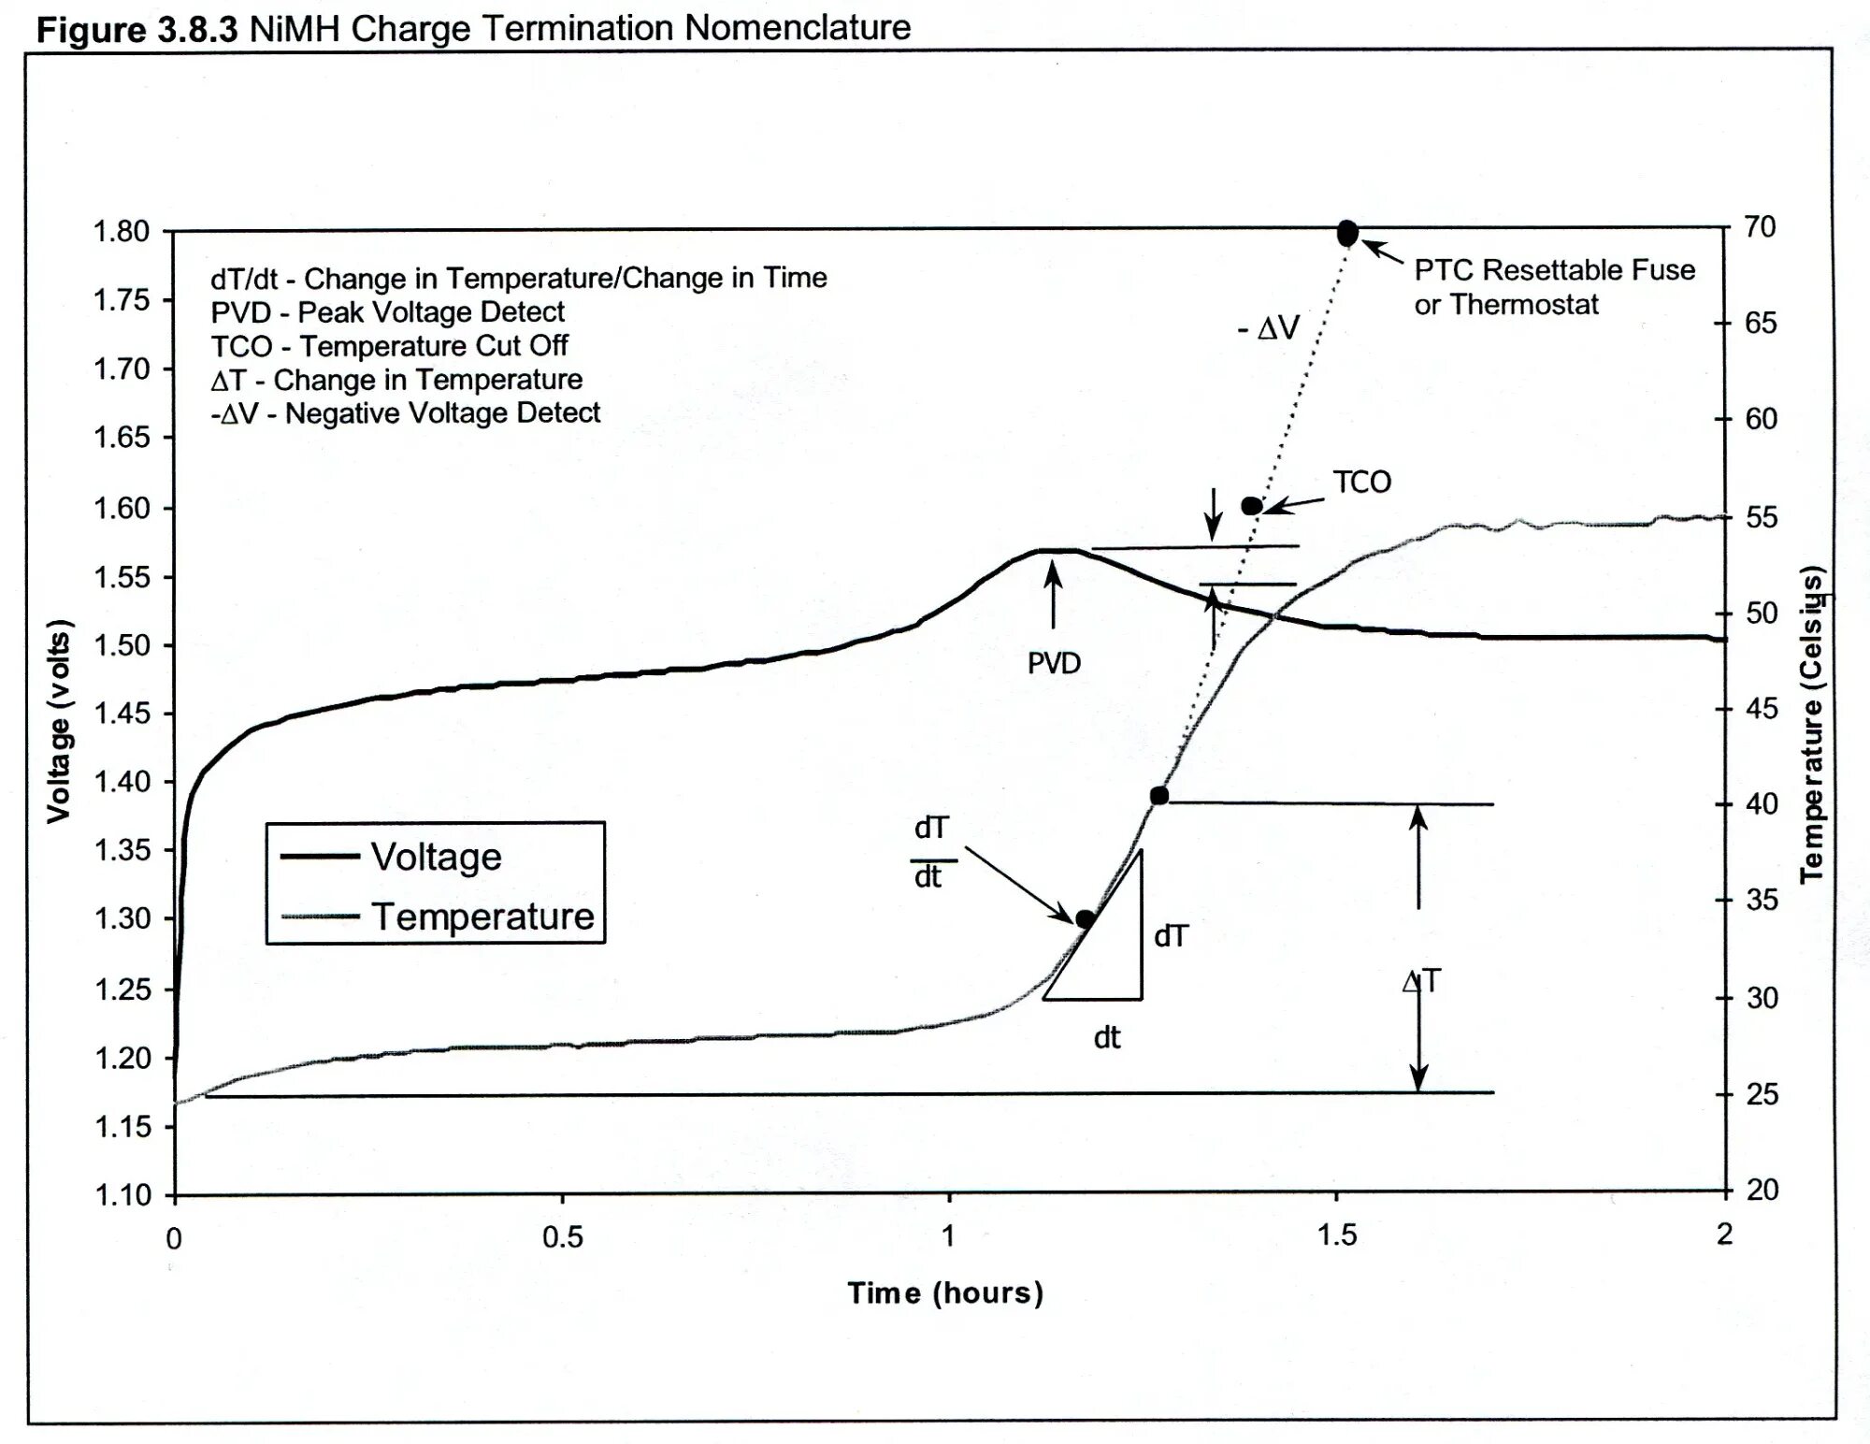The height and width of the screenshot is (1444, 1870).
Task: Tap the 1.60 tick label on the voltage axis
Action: pos(122,509)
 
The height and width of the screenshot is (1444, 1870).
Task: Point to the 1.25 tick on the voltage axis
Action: pos(122,989)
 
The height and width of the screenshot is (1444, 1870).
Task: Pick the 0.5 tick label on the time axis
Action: pos(562,1237)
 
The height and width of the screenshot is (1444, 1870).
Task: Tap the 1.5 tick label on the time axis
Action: pos(1337,1235)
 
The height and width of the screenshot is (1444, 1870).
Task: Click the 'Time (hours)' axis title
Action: pos(945,1293)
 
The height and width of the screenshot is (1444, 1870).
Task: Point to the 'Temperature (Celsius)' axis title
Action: pos(1812,724)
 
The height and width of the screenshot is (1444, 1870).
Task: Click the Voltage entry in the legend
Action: pos(436,857)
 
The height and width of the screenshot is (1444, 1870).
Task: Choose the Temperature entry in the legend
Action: pos(482,917)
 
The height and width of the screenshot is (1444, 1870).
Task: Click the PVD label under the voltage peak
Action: pos(1054,663)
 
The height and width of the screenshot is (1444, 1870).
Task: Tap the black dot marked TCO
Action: pos(1251,506)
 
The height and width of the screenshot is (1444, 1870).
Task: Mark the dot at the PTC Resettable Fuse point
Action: pos(1347,233)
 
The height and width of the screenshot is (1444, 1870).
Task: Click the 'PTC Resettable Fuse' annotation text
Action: pos(1554,270)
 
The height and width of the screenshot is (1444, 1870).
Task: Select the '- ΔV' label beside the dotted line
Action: pos(1269,328)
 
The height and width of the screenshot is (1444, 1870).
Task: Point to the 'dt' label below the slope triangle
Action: pos(1107,1037)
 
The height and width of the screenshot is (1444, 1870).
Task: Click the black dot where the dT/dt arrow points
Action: pos(1085,919)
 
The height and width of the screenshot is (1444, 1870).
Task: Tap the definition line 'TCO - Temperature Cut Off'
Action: pos(389,346)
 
